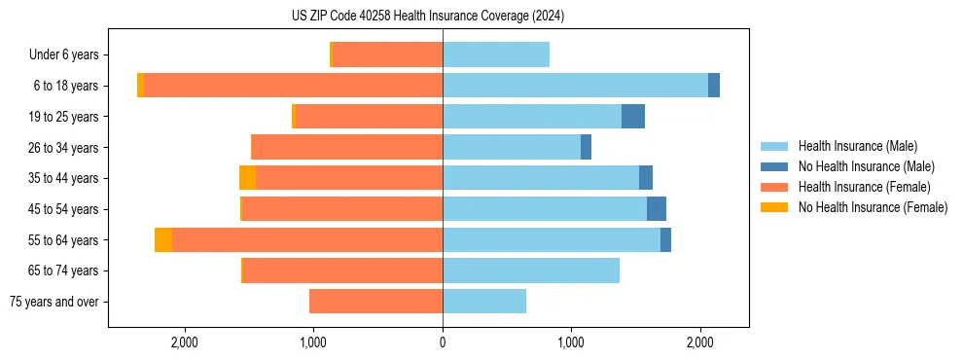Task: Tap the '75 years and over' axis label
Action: click(54, 302)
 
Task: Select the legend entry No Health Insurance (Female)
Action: click(873, 207)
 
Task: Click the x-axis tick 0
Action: click(443, 342)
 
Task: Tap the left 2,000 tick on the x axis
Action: click(184, 342)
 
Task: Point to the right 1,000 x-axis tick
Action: click(571, 342)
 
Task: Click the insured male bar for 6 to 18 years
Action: click(575, 86)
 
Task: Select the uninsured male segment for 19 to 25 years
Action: click(633, 117)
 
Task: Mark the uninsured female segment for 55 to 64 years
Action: click(163, 240)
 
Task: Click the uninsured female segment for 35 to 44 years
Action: click(247, 178)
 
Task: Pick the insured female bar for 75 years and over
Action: click(375, 302)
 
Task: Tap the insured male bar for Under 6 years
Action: click(496, 54)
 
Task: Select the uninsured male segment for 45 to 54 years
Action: click(657, 209)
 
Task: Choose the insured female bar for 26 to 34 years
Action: click(346, 147)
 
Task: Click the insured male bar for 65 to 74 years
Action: click(531, 270)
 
